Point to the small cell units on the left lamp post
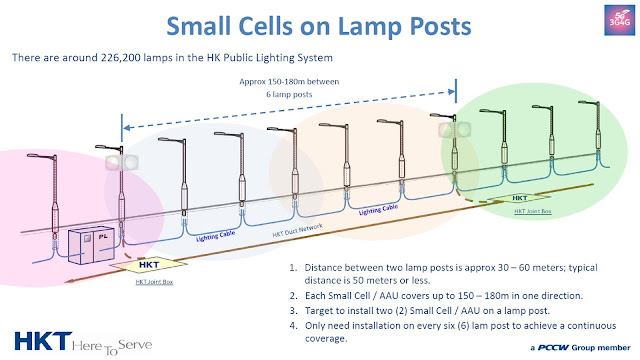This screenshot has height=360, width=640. click(x=121, y=161)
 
